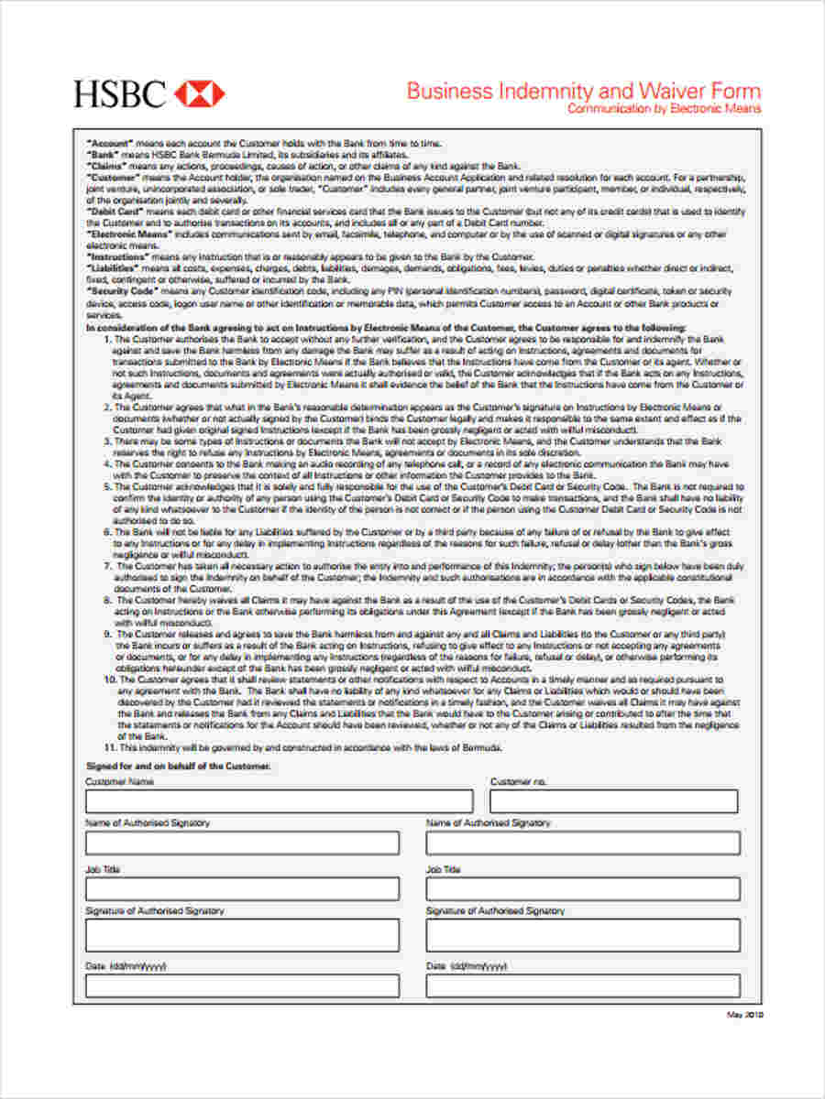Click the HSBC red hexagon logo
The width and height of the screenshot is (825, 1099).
point(199,92)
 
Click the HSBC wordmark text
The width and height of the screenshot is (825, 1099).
point(120,93)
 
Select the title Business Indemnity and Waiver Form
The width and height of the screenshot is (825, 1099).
point(583,91)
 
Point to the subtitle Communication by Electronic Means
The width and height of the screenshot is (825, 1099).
point(664,109)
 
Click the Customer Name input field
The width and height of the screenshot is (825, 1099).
point(279,801)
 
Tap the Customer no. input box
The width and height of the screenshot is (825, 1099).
point(613,801)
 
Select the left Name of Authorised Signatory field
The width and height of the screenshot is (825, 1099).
point(242,843)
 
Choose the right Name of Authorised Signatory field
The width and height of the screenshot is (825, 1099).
point(583,843)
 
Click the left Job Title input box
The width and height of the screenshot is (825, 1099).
point(242,888)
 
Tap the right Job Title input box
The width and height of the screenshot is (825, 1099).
point(583,888)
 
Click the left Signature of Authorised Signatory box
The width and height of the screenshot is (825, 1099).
point(242,935)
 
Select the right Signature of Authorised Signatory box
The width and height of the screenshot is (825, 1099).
point(583,935)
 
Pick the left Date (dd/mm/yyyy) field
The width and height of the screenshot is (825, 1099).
point(242,985)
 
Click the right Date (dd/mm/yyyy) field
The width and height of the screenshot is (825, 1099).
point(583,985)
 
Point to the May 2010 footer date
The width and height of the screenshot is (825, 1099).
point(744,1015)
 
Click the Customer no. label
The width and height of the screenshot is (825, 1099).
point(518,782)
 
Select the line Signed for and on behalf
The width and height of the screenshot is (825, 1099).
point(178,765)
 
